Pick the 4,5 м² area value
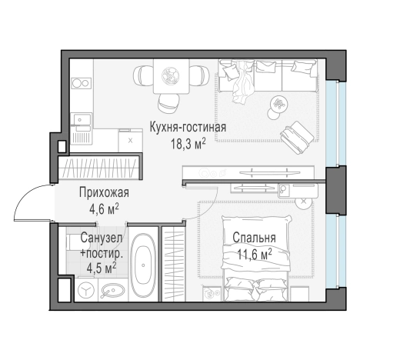coord(101,268)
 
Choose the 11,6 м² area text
coord(253,252)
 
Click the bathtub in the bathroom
coord(143,265)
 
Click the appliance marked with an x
coord(129,140)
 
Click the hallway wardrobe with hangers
coord(99,166)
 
